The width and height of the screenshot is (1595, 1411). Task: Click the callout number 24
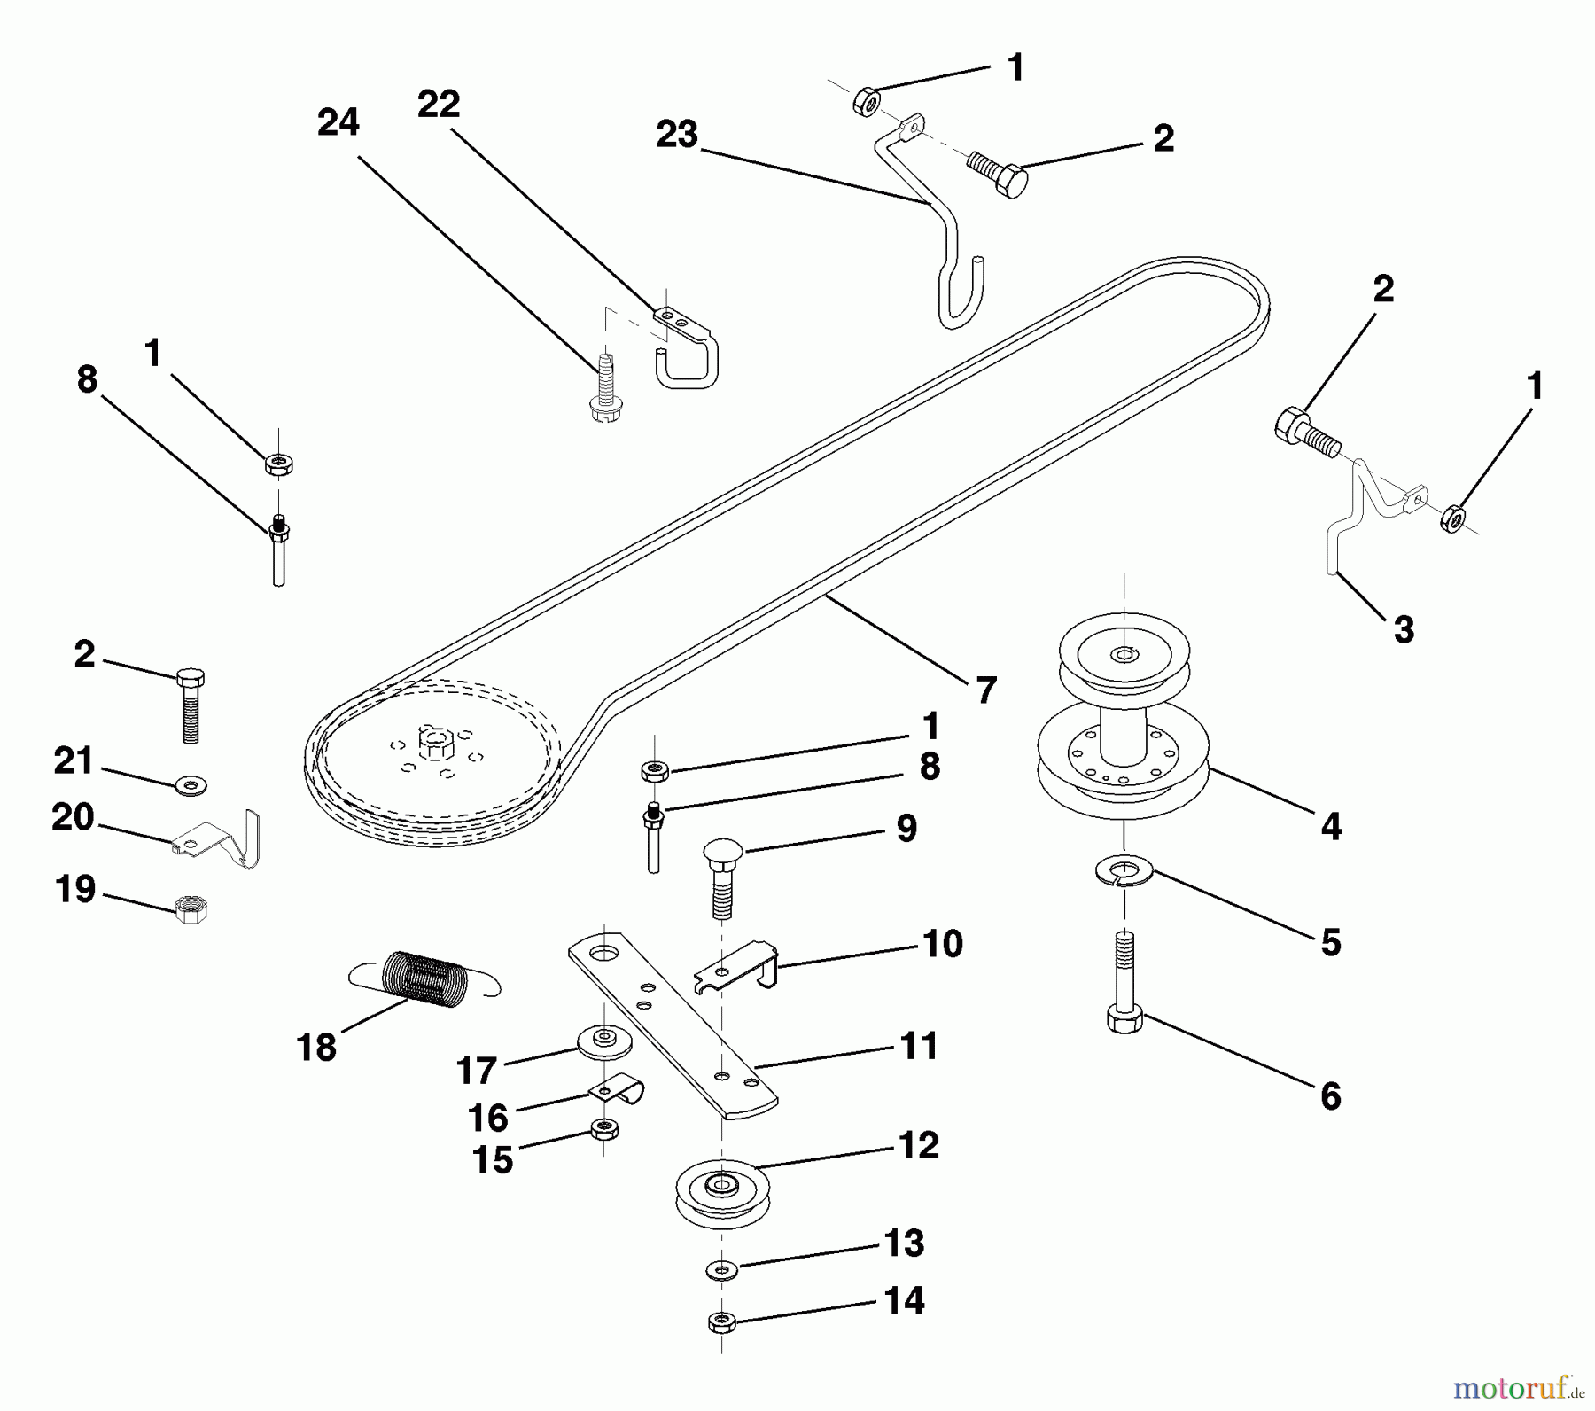(338, 122)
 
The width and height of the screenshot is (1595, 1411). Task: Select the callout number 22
(439, 105)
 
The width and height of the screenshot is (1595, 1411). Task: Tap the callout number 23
(677, 135)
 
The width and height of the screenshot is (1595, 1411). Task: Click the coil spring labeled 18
(424, 978)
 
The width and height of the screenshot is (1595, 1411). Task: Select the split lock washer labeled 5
(1124, 871)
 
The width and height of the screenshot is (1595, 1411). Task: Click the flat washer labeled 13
(721, 1270)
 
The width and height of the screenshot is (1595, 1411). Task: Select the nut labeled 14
(722, 1322)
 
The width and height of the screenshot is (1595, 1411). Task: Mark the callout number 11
(919, 1045)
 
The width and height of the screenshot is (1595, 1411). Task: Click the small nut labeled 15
(603, 1129)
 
